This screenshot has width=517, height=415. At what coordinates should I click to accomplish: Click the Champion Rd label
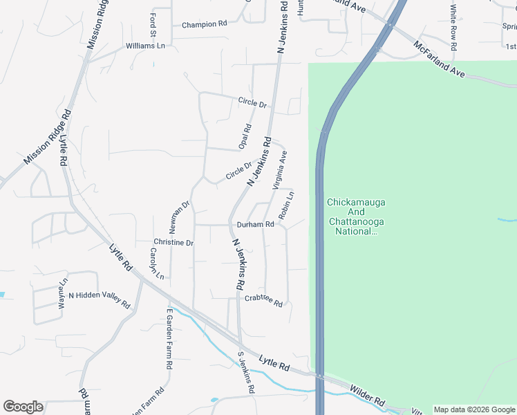[x=205, y=24]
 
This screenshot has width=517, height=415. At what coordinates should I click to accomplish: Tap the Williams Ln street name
[x=146, y=46]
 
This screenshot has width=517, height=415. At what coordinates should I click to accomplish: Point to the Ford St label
[x=152, y=24]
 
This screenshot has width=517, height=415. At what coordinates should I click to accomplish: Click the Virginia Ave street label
[x=279, y=170]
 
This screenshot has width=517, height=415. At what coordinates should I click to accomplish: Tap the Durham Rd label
[x=256, y=225]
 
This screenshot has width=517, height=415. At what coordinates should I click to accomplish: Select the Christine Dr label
[x=173, y=243]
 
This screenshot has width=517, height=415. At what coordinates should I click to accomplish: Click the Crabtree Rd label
[x=263, y=300]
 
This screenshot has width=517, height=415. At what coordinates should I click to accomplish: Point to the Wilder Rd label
[x=367, y=395]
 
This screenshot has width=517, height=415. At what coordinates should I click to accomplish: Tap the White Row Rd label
[x=453, y=28]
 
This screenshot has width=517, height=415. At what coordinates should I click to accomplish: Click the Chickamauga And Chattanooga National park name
[x=355, y=216]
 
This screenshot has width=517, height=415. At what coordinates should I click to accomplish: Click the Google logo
[x=23, y=407]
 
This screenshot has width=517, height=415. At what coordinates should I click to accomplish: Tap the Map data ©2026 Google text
[x=475, y=409]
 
